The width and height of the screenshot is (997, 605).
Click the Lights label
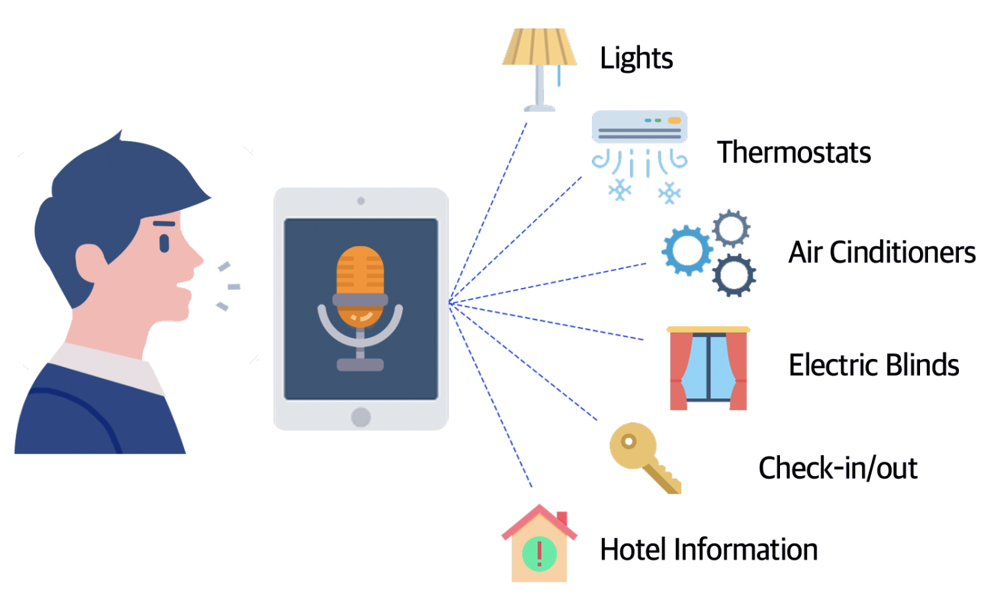[636, 59]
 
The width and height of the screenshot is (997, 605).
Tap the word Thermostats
[794, 153]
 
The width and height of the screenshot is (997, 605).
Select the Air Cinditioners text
[882, 252]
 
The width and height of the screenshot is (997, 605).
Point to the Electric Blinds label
[874, 365]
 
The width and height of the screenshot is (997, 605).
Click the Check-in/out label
[838, 468]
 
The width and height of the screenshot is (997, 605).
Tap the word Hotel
[633, 549]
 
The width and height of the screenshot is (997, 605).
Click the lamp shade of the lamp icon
[539, 47]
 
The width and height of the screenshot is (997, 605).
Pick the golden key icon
[644, 458]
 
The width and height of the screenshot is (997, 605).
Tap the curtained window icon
[708, 368]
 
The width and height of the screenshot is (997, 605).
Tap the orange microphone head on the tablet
[360, 285]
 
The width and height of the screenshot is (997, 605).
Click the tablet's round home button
[360, 417]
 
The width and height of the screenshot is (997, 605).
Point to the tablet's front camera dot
[361, 201]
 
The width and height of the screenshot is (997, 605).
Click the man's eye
[164, 243]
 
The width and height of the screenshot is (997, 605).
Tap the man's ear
[91, 262]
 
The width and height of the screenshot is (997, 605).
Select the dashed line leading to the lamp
[488, 213]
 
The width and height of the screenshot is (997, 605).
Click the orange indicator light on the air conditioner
[674, 120]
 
